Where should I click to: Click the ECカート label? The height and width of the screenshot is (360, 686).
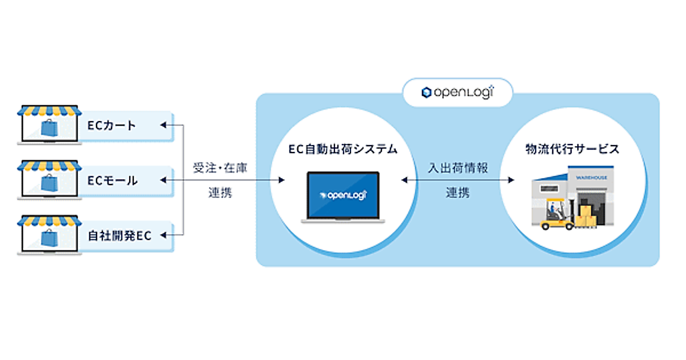[112, 125]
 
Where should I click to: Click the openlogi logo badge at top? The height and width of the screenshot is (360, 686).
[457, 92]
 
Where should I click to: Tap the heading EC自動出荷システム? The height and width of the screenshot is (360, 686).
[342, 150]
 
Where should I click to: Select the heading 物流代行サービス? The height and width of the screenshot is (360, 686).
[572, 150]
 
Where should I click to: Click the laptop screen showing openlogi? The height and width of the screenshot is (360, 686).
[344, 194]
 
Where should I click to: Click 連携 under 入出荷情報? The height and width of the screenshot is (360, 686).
[457, 193]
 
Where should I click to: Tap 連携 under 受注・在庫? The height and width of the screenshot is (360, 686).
[220, 193]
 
